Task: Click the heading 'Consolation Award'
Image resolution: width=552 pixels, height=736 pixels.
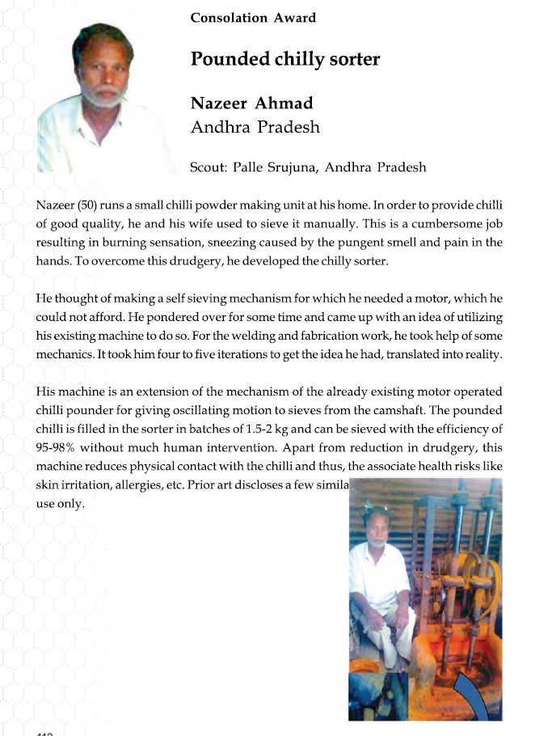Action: click(253, 17)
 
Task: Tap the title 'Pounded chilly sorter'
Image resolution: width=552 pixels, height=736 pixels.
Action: click(284, 59)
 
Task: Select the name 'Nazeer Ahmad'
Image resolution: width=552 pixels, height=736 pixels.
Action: click(251, 104)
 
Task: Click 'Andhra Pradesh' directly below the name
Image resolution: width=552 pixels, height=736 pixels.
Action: click(255, 128)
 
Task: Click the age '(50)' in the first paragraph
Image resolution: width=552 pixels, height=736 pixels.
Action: click(86, 205)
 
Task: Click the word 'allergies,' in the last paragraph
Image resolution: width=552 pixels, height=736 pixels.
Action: click(160, 484)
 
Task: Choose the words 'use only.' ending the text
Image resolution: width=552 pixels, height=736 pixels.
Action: click(61, 503)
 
